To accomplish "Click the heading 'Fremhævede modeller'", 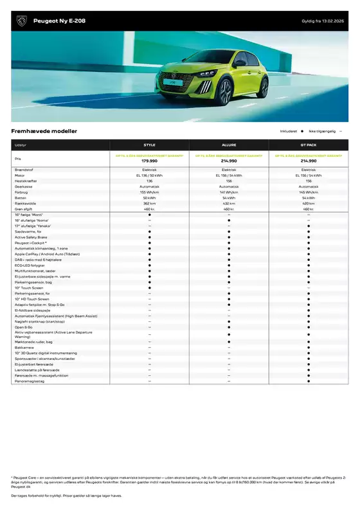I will [x=44, y=131].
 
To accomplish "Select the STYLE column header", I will [x=150, y=145].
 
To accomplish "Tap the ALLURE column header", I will [x=229, y=145].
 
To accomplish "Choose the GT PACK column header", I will [x=309, y=145].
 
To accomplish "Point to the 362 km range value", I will [x=150, y=204].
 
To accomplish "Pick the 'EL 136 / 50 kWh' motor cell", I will [x=150, y=175].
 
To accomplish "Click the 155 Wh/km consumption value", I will [x=150, y=192].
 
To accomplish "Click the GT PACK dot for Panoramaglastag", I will [x=309, y=381].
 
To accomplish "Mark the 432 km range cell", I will [x=229, y=204].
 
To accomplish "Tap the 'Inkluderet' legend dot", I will [x=302, y=131].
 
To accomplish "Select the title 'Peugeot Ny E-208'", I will [x=55, y=22].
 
